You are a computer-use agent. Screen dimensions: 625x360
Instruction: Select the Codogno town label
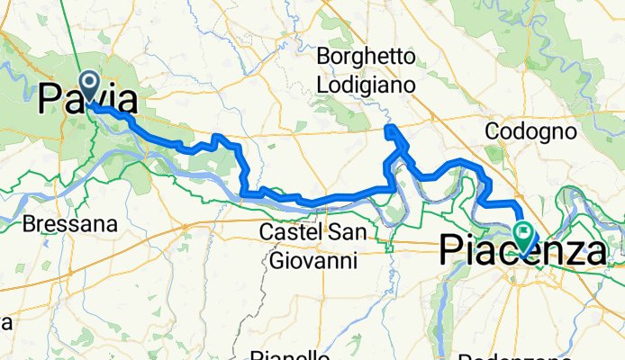click(x=530, y=131)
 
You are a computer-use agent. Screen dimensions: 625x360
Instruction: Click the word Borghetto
click(x=366, y=58)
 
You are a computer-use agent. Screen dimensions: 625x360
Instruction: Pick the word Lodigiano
click(x=366, y=85)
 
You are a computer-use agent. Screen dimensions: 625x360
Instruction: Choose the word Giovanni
click(x=312, y=261)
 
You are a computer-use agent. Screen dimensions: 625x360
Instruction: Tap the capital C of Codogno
click(x=492, y=131)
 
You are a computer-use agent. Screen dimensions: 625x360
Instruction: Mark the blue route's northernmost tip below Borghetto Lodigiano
click(x=389, y=129)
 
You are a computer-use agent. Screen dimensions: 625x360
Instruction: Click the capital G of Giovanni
click(x=276, y=261)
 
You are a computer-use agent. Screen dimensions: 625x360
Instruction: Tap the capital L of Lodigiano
click(x=322, y=85)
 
